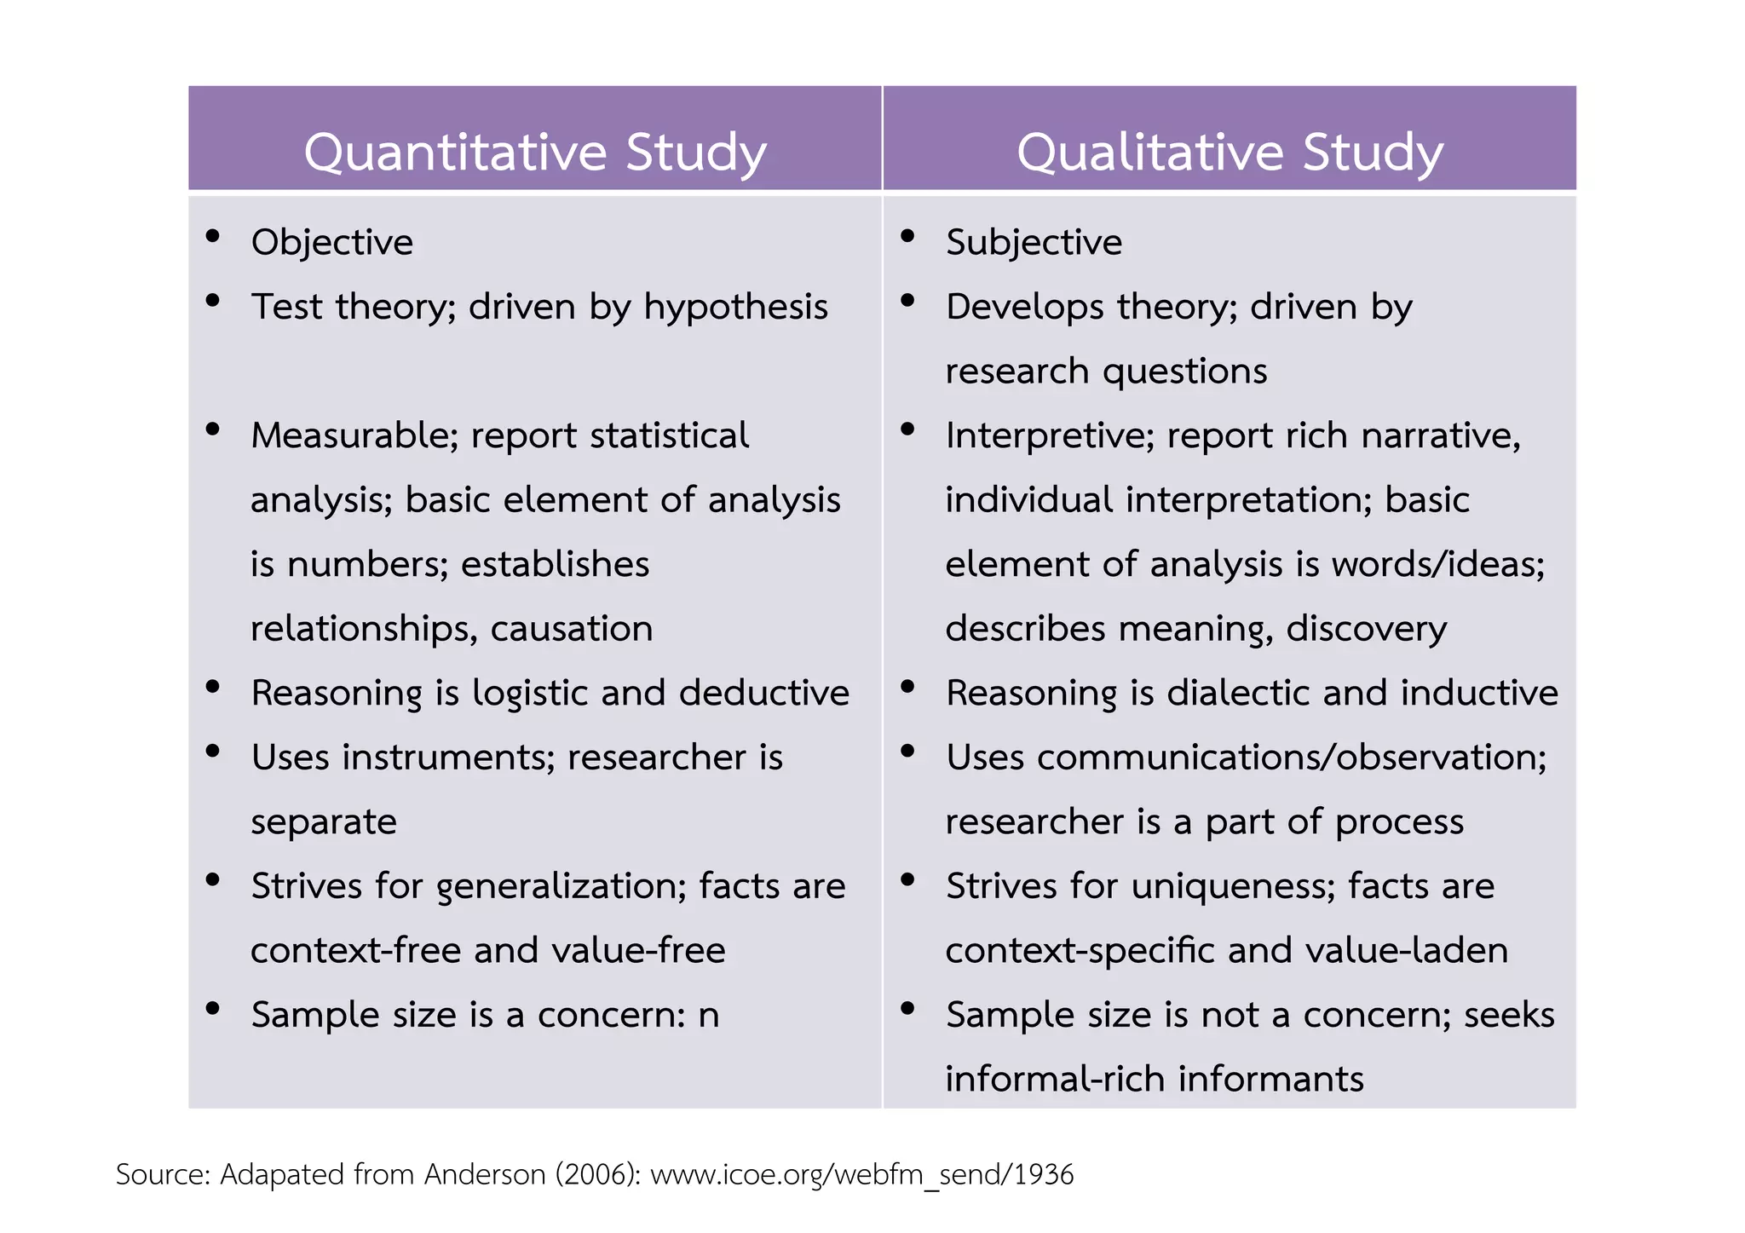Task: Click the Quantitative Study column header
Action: pyautogui.click(x=535, y=153)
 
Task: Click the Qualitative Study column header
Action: pyautogui.click(x=1230, y=153)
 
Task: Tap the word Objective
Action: pyautogui.click(x=332, y=243)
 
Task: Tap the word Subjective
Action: pyautogui.click(x=1034, y=243)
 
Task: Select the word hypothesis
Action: pyautogui.click(x=735, y=308)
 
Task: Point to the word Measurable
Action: pyautogui.click(x=354, y=436)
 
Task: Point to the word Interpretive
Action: pyautogui.click(x=1050, y=436)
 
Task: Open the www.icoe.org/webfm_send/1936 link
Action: pyautogui.click(x=861, y=1175)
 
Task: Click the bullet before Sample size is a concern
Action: pyautogui.click(x=213, y=1009)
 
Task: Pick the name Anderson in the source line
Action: pyautogui.click(x=485, y=1175)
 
